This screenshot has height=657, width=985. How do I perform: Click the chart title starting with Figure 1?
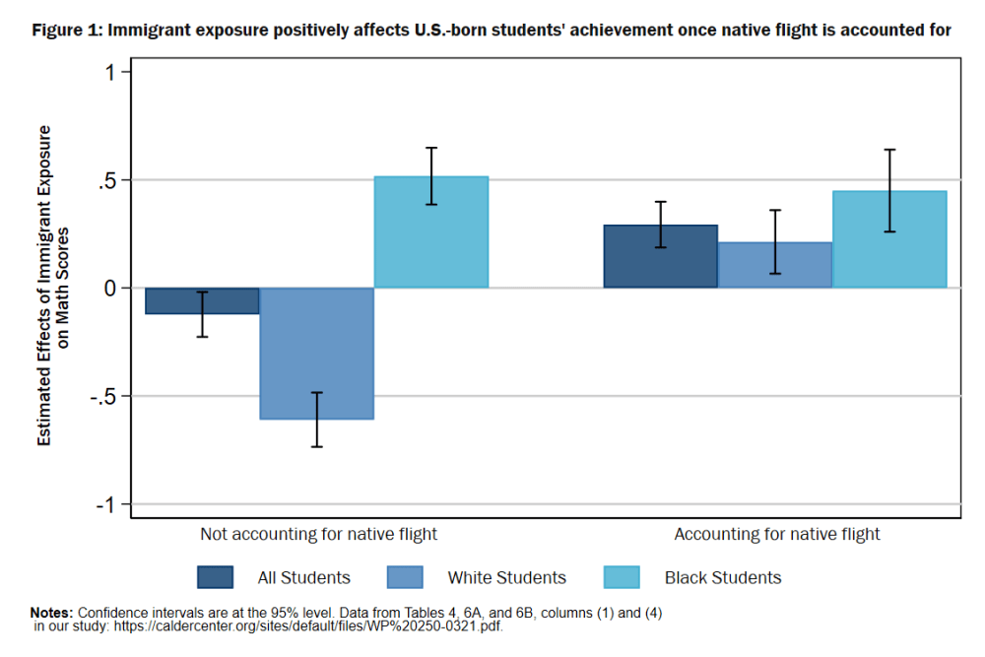click(492, 30)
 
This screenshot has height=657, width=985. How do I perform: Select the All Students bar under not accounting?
click(202, 300)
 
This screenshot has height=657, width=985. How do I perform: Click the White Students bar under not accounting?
click(316, 353)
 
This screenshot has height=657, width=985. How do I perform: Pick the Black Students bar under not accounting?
click(430, 232)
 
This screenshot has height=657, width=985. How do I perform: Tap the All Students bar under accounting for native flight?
click(660, 256)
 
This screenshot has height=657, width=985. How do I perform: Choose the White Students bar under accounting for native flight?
click(775, 265)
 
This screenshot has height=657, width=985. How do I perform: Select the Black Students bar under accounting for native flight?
click(889, 239)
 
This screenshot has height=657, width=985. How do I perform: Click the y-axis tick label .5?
click(107, 180)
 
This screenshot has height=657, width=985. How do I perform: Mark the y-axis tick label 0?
click(111, 289)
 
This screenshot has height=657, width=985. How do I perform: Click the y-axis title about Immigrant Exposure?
click(52, 286)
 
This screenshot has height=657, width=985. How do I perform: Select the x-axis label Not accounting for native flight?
click(318, 535)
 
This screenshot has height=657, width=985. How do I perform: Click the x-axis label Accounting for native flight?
click(776, 535)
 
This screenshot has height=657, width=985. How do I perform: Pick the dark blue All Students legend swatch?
click(216, 577)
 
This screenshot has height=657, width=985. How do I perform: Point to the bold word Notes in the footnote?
click(50, 613)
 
